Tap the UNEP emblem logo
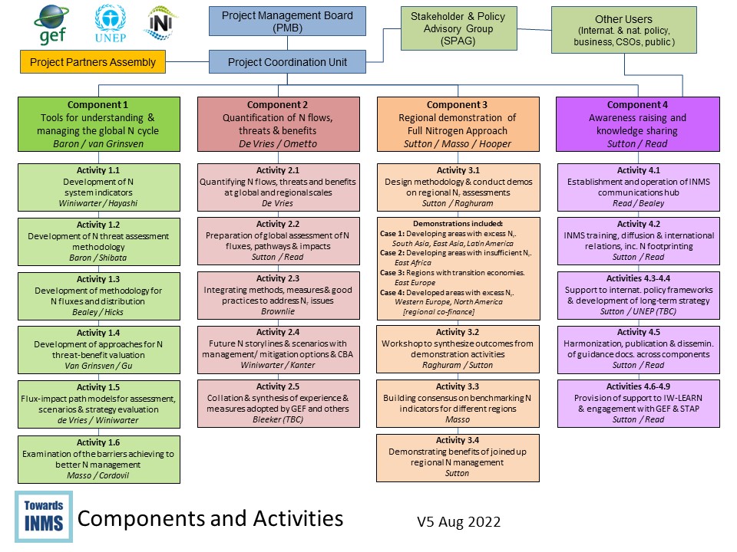110,23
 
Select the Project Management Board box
287,21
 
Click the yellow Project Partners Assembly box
93,62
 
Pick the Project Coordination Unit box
287,62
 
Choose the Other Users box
623,30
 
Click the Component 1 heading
97,105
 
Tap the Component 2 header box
278,124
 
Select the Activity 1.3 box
98,296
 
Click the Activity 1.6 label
98,442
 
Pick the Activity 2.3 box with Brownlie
278,296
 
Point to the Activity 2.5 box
278,403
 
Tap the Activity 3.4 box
458,457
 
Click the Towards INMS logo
43,517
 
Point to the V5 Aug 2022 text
458,522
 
